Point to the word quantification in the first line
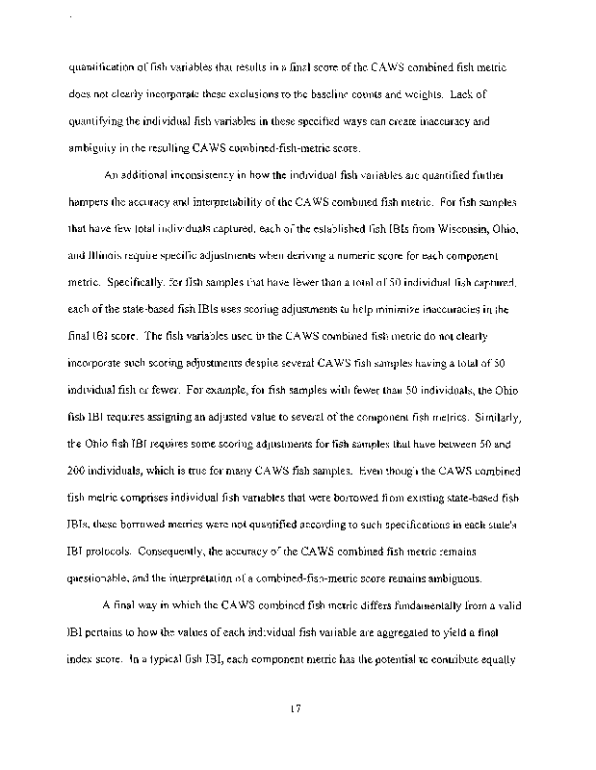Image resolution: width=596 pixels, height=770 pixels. [x=99, y=68]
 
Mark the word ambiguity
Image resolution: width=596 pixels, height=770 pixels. [x=94, y=149]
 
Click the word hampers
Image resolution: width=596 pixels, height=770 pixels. [x=93, y=203]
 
